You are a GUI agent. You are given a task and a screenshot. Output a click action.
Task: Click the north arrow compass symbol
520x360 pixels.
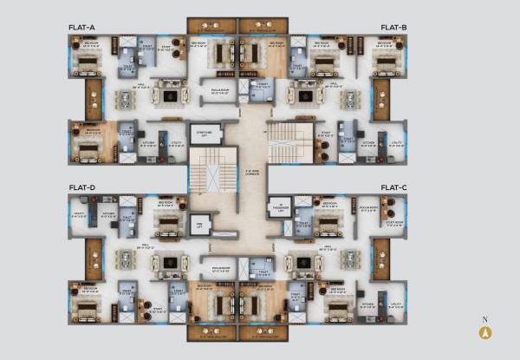point(485,331)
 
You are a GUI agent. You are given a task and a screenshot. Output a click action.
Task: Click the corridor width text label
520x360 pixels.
point(251,171)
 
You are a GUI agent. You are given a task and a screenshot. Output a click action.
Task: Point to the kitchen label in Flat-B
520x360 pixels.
point(368,143)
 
